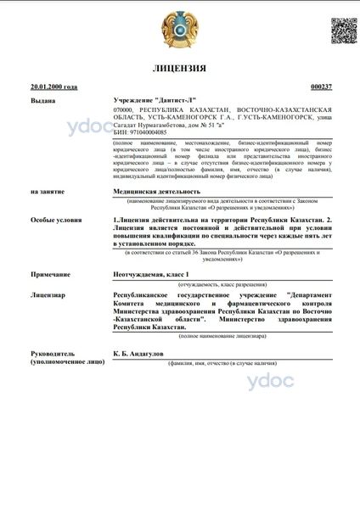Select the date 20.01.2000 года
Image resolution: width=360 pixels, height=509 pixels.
[x=53, y=87]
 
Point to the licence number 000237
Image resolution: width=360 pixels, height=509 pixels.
[x=321, y=87]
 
